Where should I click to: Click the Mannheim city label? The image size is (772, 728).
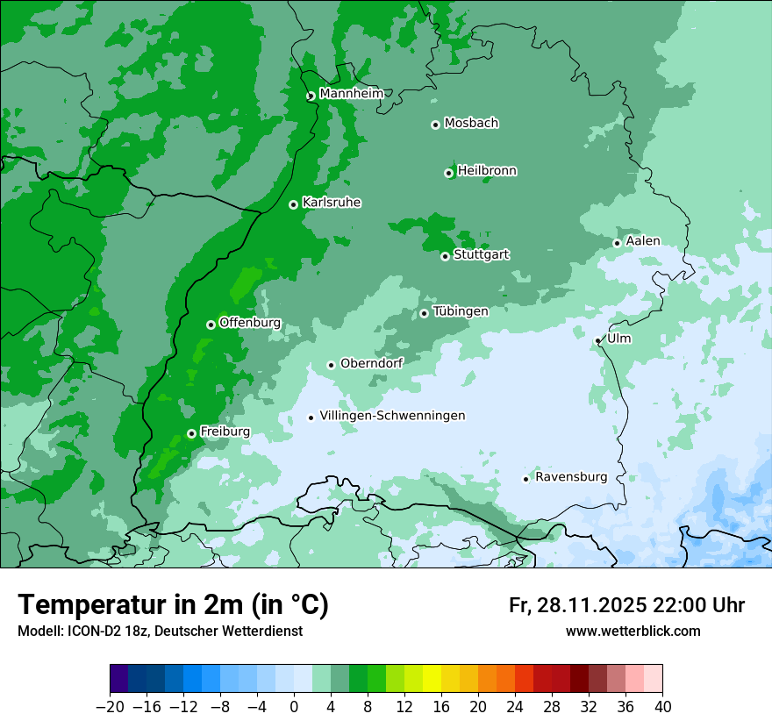351,94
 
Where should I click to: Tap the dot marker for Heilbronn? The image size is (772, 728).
448,173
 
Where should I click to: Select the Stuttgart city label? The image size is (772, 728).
481,254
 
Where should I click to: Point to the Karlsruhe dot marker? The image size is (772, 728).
293,204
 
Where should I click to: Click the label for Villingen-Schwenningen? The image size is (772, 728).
392,416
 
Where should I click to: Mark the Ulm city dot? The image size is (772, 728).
597,340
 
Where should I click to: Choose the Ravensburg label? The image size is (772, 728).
570,477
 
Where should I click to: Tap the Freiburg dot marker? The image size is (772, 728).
191,433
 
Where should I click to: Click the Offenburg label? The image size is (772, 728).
250,323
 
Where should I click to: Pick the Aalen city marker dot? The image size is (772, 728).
617,243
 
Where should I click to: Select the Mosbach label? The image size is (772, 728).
471,124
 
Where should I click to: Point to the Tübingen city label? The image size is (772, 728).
460,311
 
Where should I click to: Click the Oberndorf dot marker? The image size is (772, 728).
331,365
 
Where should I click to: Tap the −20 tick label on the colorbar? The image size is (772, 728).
110,707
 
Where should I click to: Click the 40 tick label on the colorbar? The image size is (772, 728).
662,707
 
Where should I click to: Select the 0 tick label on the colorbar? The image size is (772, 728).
294,707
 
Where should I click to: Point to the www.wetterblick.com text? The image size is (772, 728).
633,632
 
